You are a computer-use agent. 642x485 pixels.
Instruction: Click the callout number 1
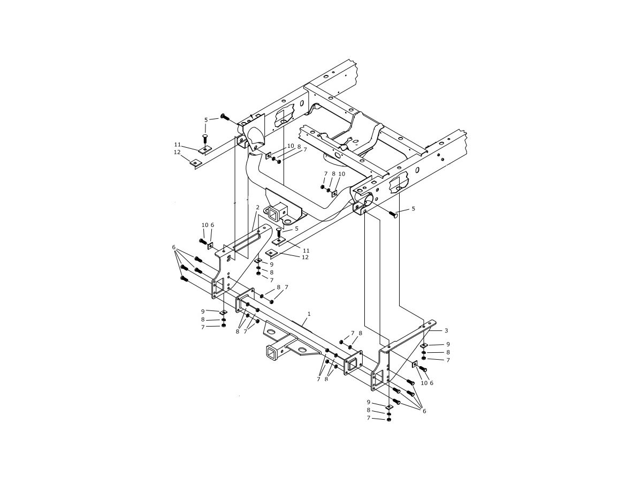point(309,314)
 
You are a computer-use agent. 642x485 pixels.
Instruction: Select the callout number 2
point(257,207)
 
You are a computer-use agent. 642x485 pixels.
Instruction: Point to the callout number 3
point(446,330)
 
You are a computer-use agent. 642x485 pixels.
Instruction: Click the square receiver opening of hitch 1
point(271,356)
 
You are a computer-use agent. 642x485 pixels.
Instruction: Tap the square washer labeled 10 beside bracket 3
point(415,364)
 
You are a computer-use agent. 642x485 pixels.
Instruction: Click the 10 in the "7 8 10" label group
point(342,174)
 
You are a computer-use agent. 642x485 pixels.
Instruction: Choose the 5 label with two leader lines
point(206,120)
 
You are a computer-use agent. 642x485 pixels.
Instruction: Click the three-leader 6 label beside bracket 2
point(174,247)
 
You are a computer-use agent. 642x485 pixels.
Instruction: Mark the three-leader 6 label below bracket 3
point(424,411)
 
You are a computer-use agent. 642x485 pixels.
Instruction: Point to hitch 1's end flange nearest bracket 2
point(245,300)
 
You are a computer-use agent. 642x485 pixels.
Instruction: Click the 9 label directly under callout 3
point(448,344)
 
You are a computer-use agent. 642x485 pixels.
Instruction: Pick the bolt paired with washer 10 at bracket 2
point(203,241)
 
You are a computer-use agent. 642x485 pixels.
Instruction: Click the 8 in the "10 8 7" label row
point(299,147)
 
